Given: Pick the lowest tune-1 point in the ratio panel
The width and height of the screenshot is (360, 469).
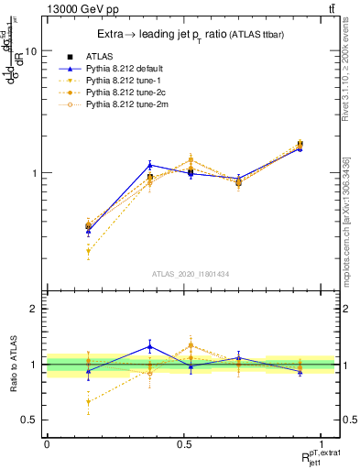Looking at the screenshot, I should point(88,401).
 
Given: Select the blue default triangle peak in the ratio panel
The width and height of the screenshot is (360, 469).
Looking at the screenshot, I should point(149,346).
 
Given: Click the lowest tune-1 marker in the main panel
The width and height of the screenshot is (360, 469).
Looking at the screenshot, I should point(88,251).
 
